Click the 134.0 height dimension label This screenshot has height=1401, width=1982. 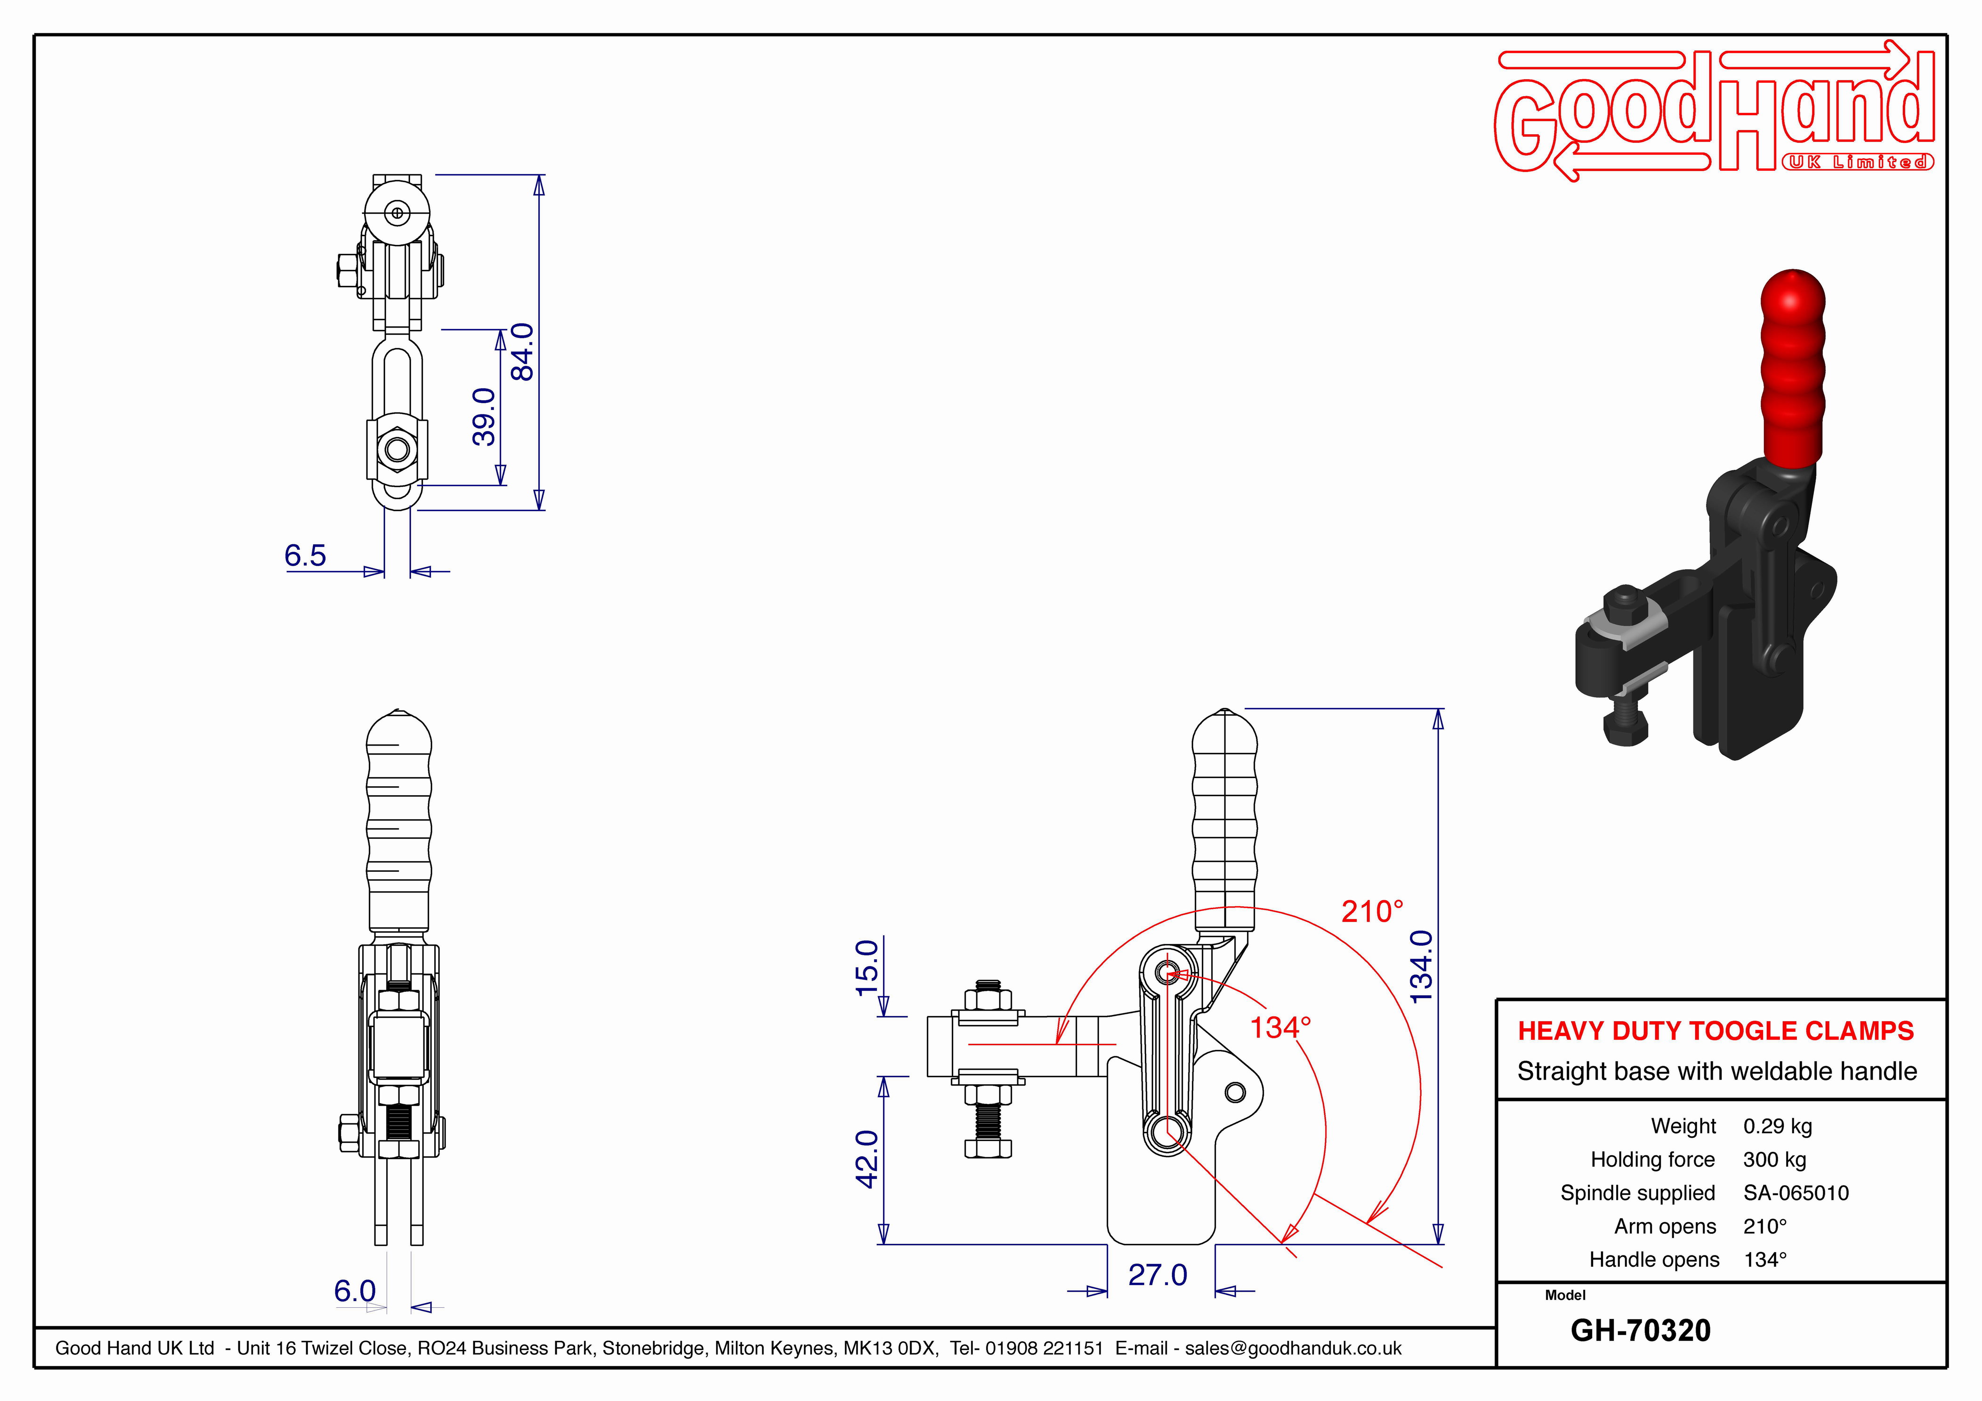tap(1421, 967)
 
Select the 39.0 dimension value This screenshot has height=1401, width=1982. tap(484, 417)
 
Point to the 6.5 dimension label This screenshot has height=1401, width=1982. tap(306, 555)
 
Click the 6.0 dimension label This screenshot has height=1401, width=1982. tap(355, 1291)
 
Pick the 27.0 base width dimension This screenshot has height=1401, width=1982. tap(1157, 1275)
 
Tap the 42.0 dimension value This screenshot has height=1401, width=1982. tap(867, 1159)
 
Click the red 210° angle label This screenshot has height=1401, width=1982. tap(1373, 911)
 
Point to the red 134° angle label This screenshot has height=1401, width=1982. tap(1281, 1027)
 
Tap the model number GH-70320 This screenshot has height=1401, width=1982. tap(1640, 1330)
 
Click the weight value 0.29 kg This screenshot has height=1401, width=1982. tap(1778, 1127)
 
